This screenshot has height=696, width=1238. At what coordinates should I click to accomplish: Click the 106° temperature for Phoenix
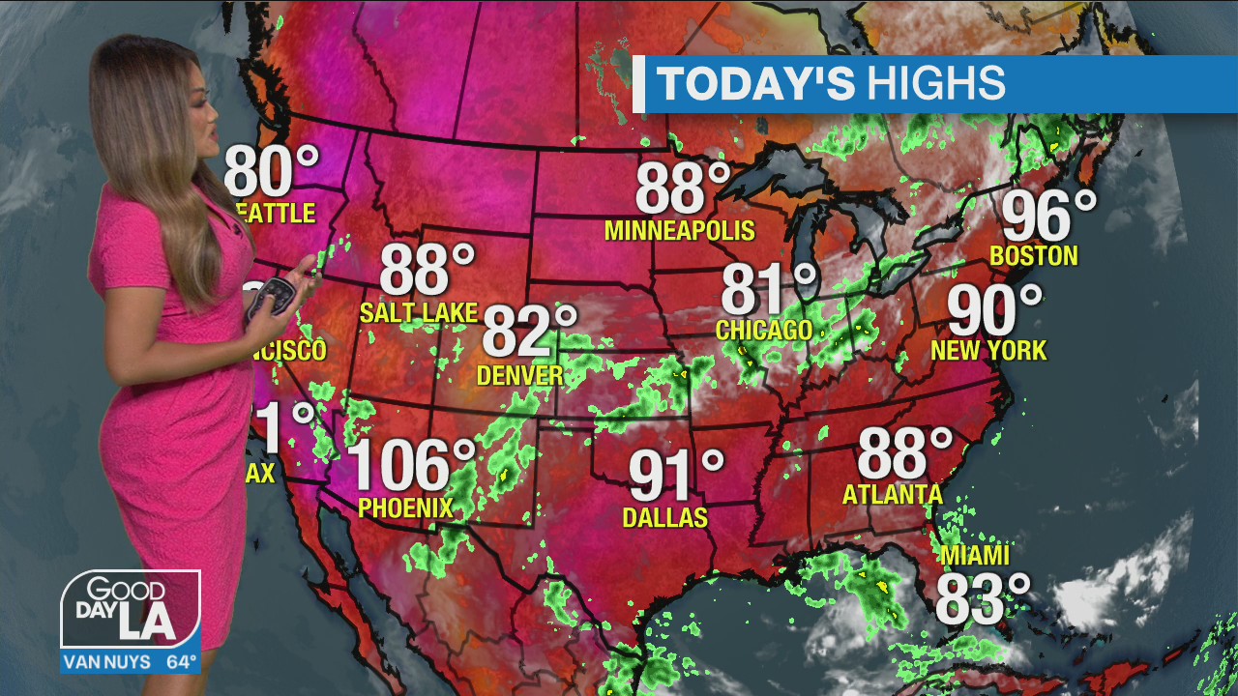click(x=411, y=465)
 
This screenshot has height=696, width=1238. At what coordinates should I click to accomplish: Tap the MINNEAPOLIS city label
click(x=679, y=231)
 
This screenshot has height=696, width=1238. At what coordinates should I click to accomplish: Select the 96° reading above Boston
click(x=1048, y=216)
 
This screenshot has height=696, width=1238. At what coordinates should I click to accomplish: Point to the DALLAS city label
click(x=665, y=518)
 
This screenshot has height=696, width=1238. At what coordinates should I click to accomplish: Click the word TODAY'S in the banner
click(x=756, y=84)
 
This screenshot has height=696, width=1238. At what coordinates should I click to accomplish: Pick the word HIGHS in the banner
click(x=935, y=84)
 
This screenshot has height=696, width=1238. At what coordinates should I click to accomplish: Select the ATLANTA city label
click(x=893, y=495)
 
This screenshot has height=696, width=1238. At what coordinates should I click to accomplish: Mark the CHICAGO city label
click(x=764, y=331)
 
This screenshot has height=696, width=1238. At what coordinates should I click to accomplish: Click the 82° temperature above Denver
click(x=529, y=331)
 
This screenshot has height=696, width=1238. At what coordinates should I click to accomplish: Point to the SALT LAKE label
click(x=419, y=312)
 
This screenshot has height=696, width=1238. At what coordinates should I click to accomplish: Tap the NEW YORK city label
click(x=988, y=350)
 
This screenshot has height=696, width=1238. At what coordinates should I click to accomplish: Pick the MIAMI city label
click(x=974, y=556)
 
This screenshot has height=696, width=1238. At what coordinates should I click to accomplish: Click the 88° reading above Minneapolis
click(x=683, y=188)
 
